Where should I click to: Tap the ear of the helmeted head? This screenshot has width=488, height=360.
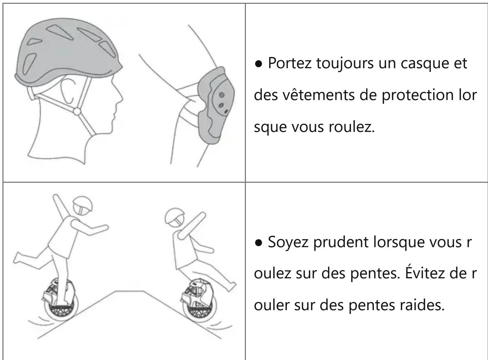pos(67,92)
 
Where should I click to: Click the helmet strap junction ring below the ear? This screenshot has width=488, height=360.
pos(77,111)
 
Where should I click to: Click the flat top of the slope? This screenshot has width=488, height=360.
pos(130,291)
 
